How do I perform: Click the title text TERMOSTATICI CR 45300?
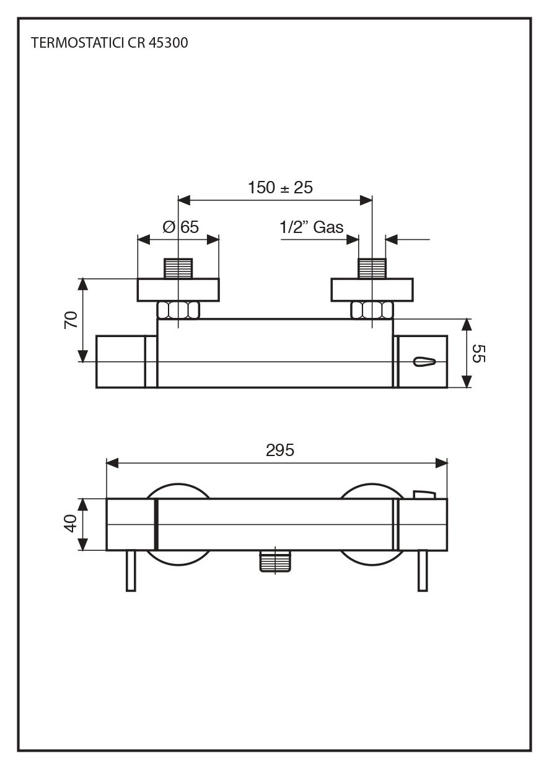(x=109, y=43)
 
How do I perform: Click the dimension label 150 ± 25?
(x=280, y=187)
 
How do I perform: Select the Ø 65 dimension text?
(x=180, y=227)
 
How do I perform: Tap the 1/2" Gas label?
(x=312, y=227)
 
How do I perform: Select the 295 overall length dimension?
(x=279, y=450)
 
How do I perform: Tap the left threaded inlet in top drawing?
(x=178, y=268)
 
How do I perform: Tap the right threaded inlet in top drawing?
(x=372, y=268)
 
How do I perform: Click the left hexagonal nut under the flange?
(x=178, y=310)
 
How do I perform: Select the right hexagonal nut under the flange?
(x=372, y=310)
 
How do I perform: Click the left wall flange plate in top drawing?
(x=178, y=290)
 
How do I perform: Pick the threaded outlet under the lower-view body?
(x=275, y=561)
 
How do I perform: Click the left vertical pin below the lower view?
(x=131, y=570)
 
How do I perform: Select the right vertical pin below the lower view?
(x=423, y=570)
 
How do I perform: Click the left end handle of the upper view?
(x=121, y=362)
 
